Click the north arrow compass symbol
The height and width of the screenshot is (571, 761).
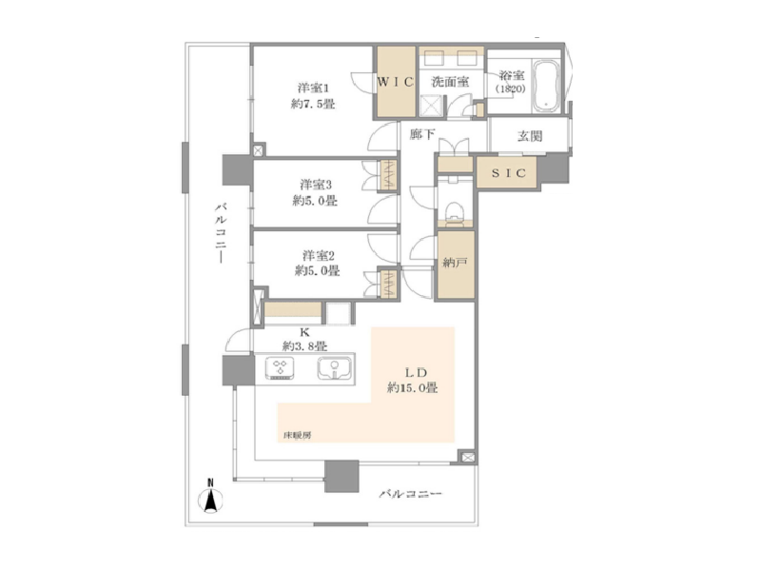click(210, 496)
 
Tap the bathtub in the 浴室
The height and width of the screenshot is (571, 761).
click(546, 86)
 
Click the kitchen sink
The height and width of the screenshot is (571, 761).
click(335, 368)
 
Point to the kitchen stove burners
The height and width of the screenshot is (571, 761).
click(281, 367)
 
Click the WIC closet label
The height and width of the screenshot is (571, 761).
click(396, 82)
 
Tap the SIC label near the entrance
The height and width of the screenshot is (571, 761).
click(508, 173)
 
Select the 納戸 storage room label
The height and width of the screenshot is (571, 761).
click(456, 264)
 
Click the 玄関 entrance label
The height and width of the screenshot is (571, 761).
click(529, 136)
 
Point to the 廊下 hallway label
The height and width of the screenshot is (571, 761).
click(422, 134)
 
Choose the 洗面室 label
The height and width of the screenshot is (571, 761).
click(450, 82)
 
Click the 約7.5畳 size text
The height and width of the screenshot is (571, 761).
click(313, 104)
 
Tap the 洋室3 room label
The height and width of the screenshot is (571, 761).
click(316, 185)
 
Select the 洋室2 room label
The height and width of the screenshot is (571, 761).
click(319, 255)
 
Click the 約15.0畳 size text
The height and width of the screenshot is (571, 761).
click(413, 388)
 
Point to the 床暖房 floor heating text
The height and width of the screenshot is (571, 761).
click(297, 436)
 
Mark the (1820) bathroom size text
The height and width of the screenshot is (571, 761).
click(511, 89)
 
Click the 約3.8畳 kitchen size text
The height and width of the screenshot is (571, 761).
click(304, 346)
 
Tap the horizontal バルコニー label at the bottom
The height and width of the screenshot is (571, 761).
click(410, 494)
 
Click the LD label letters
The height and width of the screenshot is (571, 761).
click(416, 373)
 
